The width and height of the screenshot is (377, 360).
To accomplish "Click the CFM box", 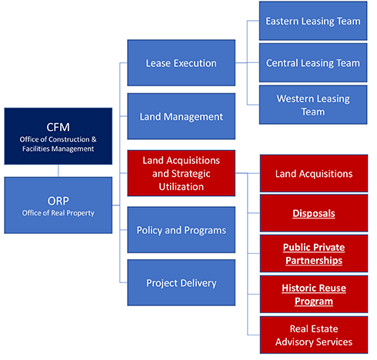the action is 58,136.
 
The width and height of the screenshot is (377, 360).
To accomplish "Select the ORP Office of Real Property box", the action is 58,205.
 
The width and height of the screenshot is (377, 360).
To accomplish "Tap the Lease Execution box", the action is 182,63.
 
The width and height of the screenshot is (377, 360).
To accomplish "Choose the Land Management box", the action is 182,116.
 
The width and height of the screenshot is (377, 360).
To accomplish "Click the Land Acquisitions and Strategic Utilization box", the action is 182,173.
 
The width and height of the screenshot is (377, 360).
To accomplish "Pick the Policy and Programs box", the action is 182,230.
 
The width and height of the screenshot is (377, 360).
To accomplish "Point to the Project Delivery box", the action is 182,282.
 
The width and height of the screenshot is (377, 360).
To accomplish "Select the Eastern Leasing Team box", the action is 313,21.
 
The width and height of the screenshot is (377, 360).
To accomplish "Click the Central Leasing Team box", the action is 313,63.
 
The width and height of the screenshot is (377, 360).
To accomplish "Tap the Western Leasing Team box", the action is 313,105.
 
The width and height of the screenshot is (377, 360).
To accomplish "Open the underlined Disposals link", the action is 314,213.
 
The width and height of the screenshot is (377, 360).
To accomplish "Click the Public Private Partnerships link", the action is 314,254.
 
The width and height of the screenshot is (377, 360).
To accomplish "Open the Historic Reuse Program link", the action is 314,295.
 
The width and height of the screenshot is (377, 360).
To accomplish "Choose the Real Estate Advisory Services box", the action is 314,335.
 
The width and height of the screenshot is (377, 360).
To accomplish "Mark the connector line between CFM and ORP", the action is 58,171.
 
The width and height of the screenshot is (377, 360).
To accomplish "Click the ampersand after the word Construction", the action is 94,139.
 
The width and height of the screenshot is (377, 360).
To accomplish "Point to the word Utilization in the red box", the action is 182,187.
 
